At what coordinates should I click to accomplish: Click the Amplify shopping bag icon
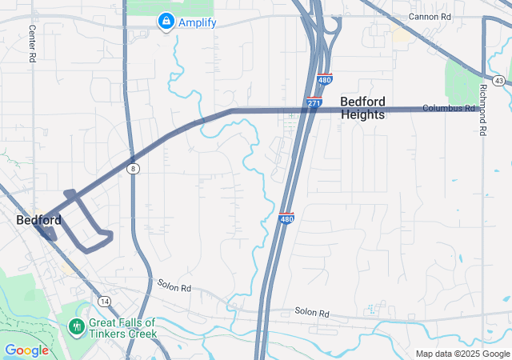point(166,22)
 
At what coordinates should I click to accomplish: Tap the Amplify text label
point(197,22)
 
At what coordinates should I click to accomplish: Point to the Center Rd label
point(33,44)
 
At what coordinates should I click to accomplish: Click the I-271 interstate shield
point(314,104)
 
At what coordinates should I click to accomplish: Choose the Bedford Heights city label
point(362,108)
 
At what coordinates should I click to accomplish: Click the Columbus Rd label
point(449,108)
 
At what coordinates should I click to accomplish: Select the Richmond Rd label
point(483,110)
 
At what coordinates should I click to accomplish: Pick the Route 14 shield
point(105,301)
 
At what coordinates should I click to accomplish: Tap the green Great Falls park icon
point(77,326)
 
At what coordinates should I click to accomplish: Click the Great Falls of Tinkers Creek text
point(122,328)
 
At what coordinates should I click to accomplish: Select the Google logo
point(26,350)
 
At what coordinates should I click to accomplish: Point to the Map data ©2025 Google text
point(462,354)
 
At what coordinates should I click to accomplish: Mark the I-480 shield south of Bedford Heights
point(286,218)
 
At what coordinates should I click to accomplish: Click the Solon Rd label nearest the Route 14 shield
point(174,286)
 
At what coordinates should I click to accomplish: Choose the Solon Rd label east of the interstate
point(312,312)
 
